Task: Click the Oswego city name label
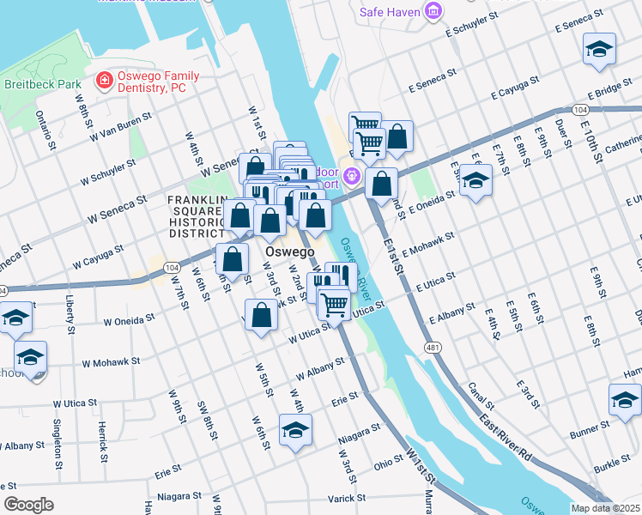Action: (289, 252)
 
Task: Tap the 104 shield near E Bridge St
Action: (581, 111)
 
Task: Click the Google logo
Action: (28, 505)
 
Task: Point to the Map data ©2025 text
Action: (605, 508)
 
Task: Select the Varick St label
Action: (346, 497)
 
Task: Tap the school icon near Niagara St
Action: (294, 431)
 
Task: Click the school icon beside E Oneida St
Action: (475, 181)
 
